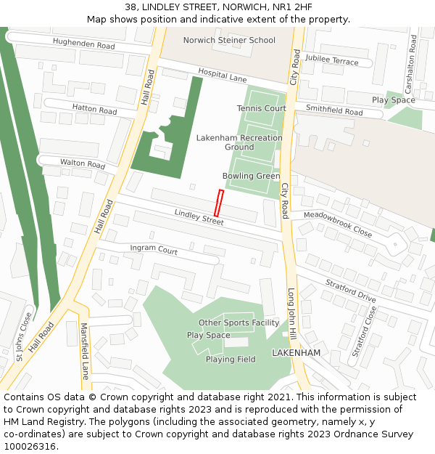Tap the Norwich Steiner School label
click(x=229, y=41)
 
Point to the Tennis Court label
click(x=261, y=108)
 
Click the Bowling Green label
click(x=251, y=176)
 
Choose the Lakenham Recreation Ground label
click(x=239, y=142)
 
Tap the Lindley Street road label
click(x=199, y=216)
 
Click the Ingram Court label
click(x=154, y=251)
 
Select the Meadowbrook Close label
click(x=337, y=224)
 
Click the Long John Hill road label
click(x=292, y=313)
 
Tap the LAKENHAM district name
click(x=296, y=352)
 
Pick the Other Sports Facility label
click(x=239, y=323)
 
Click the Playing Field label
click(x=231, y=360)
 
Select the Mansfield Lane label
click(x=84, y=351)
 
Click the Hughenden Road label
click(x=84, y=45)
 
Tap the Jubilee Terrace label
click(x=331, y=60)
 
